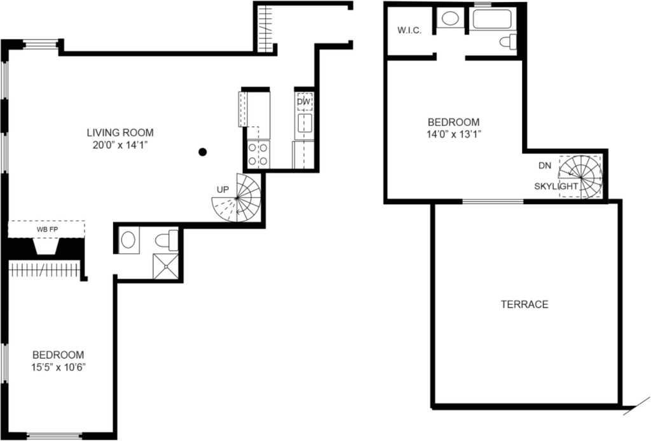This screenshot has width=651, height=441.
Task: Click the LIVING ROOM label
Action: [120, 132]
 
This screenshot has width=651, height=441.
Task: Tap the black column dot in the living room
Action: [203, 152]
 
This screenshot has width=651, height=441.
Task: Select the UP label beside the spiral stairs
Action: [223, 190]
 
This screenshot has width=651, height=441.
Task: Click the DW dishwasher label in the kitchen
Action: [304, 101]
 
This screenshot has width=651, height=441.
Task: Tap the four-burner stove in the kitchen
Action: [258, 154]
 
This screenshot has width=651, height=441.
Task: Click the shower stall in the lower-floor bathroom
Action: [166, 267]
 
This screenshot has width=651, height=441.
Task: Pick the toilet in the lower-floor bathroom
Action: [167, 241]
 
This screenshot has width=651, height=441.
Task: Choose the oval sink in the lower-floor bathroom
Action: [128, 240]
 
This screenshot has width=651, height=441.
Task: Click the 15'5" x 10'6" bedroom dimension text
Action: [58, 367]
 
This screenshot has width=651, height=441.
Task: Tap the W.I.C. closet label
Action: [409, 31]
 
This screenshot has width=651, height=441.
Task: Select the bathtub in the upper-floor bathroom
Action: [491, 19]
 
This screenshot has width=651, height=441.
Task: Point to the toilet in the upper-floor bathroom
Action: [508, 42]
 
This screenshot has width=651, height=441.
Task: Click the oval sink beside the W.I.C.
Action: [450, 18]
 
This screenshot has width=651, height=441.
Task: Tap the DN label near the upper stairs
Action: [545, 166]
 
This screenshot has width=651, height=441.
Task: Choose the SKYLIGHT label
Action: [556, 186]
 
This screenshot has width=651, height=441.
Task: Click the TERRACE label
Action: [524, 304]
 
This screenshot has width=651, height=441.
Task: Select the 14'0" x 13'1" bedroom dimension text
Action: [454, 135]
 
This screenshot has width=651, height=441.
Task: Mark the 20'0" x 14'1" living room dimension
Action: [120, 146]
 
